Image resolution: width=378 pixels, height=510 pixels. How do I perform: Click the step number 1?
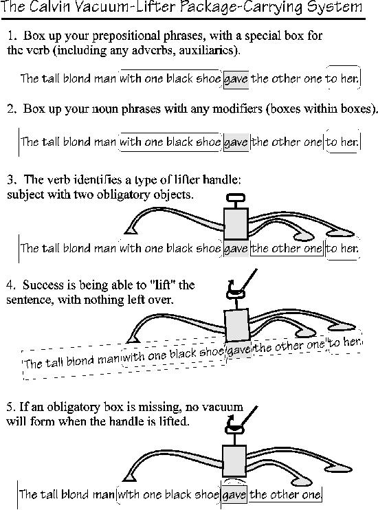(12, 36)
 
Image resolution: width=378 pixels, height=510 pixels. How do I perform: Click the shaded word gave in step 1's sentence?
(236, 79)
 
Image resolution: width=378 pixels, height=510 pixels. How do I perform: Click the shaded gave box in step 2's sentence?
(236, 142)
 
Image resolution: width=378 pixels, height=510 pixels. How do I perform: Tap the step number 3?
(11, 179)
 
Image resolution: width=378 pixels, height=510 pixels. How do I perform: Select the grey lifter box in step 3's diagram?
(236, 223)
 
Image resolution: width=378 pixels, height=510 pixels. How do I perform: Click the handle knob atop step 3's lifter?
(236, 197)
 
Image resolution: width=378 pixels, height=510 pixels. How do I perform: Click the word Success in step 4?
(43, 285)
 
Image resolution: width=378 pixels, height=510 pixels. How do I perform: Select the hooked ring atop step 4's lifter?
(236, 292)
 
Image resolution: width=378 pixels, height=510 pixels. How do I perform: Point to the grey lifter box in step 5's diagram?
(234, 461)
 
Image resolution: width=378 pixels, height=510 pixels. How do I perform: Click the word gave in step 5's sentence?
(234, 495)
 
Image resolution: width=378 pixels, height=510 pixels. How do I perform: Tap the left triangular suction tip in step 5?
(130, 476)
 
